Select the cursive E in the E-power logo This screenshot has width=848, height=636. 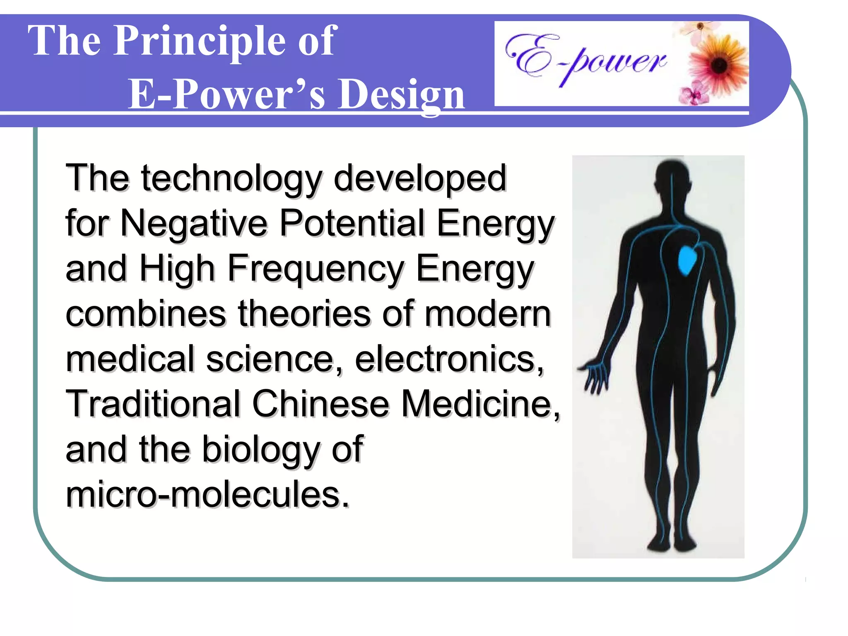pyautogui.click(x=530, y=56)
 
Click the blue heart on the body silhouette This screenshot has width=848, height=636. pyautogui.click(x=688, y=260)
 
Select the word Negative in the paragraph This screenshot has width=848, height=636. pyautogui.click(x=194, y=223)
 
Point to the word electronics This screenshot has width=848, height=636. pyautogui.click(x=449, y=359)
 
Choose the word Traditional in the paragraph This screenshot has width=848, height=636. pyautogui.click(x=154, y=404)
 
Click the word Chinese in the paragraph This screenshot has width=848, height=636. pyautogui.click(x=320, y=404)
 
